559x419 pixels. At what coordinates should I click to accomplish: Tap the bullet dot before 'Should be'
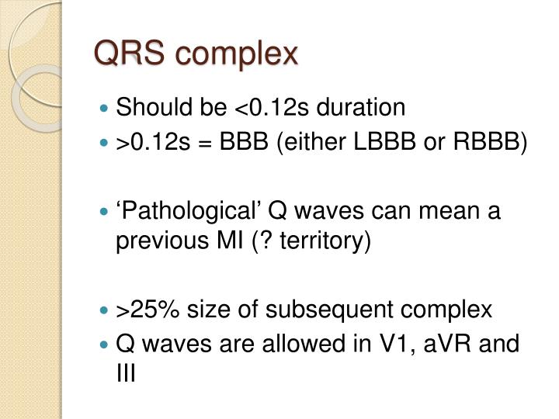point(106,109)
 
